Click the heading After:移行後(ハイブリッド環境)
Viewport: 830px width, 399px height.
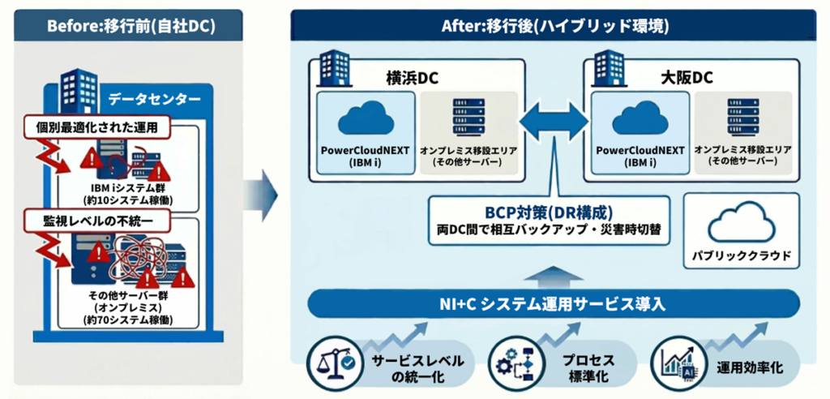pyautogui.click(x=555, y=24)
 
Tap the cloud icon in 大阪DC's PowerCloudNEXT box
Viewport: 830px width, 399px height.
pyautogui.click(x=640, y=119)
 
